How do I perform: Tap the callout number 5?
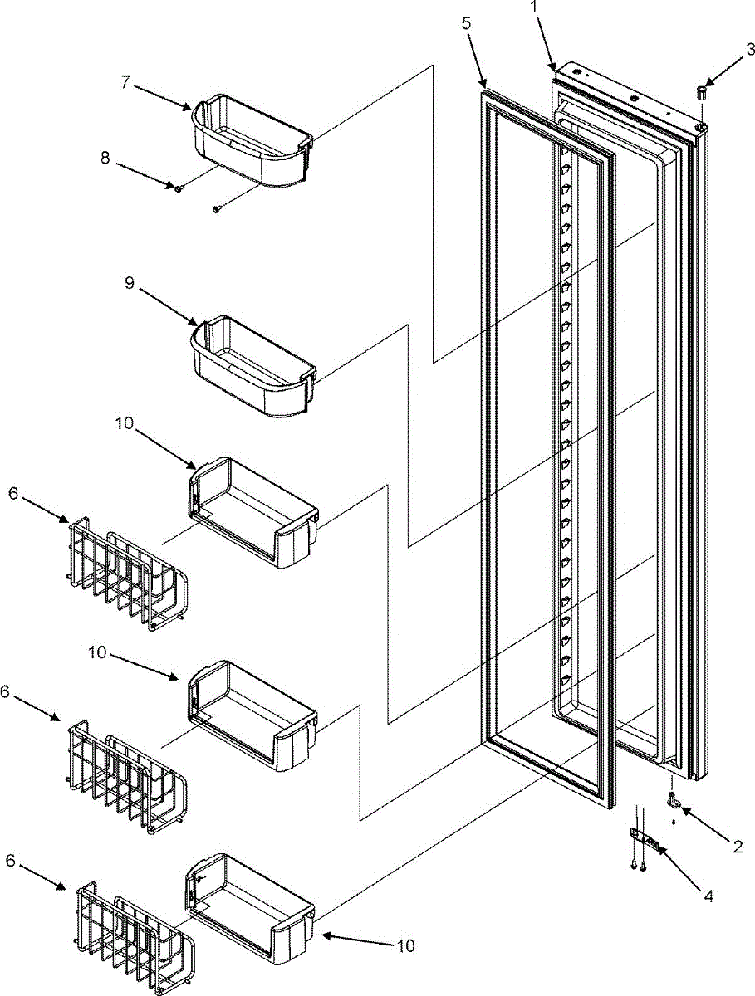point(468,23)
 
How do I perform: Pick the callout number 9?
point(129,283)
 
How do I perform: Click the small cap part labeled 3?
point(702,91)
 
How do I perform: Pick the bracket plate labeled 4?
point(648,840)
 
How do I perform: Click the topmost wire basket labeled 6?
point(129,573)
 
